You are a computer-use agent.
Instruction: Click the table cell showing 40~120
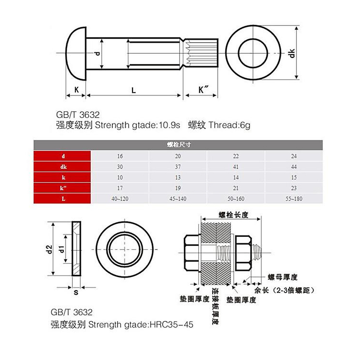[120, 199]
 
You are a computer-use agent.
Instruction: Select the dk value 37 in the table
[178, 167]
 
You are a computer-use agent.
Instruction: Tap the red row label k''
[63, 188]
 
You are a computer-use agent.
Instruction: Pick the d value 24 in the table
[293, 156]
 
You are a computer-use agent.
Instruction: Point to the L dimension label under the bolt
[133, 90]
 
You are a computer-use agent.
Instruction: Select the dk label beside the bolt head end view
[291, 54]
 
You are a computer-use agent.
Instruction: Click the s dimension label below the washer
[75, 292]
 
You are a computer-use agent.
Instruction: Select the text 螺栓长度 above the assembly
[233, 215]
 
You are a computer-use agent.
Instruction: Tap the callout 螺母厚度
[283, 277]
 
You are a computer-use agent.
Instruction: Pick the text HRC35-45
[171, 325]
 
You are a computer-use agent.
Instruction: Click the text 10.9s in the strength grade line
[168, 126]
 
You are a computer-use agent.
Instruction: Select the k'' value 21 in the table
[236, 188]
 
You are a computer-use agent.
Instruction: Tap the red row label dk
[63, 167]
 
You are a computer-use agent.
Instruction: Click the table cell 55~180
[293, 199]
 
